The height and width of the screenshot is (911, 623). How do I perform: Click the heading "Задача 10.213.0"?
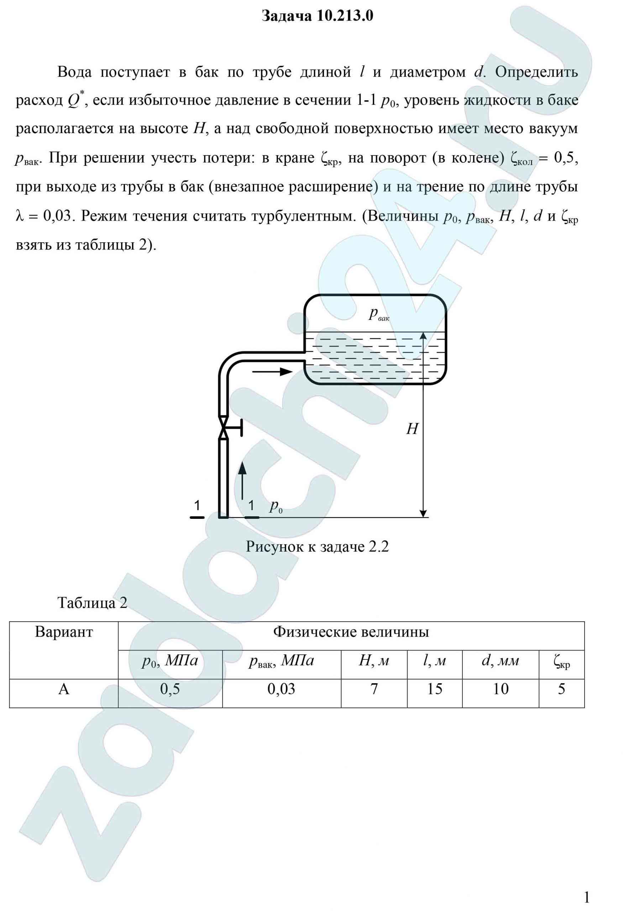pyautogui.click(x=317, y=16)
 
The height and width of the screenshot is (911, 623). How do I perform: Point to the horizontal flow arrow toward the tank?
pyautogui.click(x=272, y=371)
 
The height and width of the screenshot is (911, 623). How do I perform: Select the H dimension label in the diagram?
pyautogui.click(x=412, y=429)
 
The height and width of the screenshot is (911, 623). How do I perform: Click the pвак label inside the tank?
pyautogui.click(x=378, y=314)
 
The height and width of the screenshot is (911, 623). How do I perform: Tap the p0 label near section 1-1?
pyautogui.click(x=276, y=507)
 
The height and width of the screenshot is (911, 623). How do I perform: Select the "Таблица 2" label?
pyautogui.click(x=93, y=602)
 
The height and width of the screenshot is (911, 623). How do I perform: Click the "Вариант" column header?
pyautogui.click(x=64, y=632)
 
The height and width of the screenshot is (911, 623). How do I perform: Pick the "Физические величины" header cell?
pyautogui.click(x=351, y=632)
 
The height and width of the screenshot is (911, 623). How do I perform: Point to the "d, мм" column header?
pyautogui.click(x=500, y=661)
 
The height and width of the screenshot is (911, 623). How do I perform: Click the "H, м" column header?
pyautogui.click(x=374, y=661)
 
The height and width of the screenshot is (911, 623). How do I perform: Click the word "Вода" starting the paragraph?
pyautogui.click(x=74, y=72)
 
